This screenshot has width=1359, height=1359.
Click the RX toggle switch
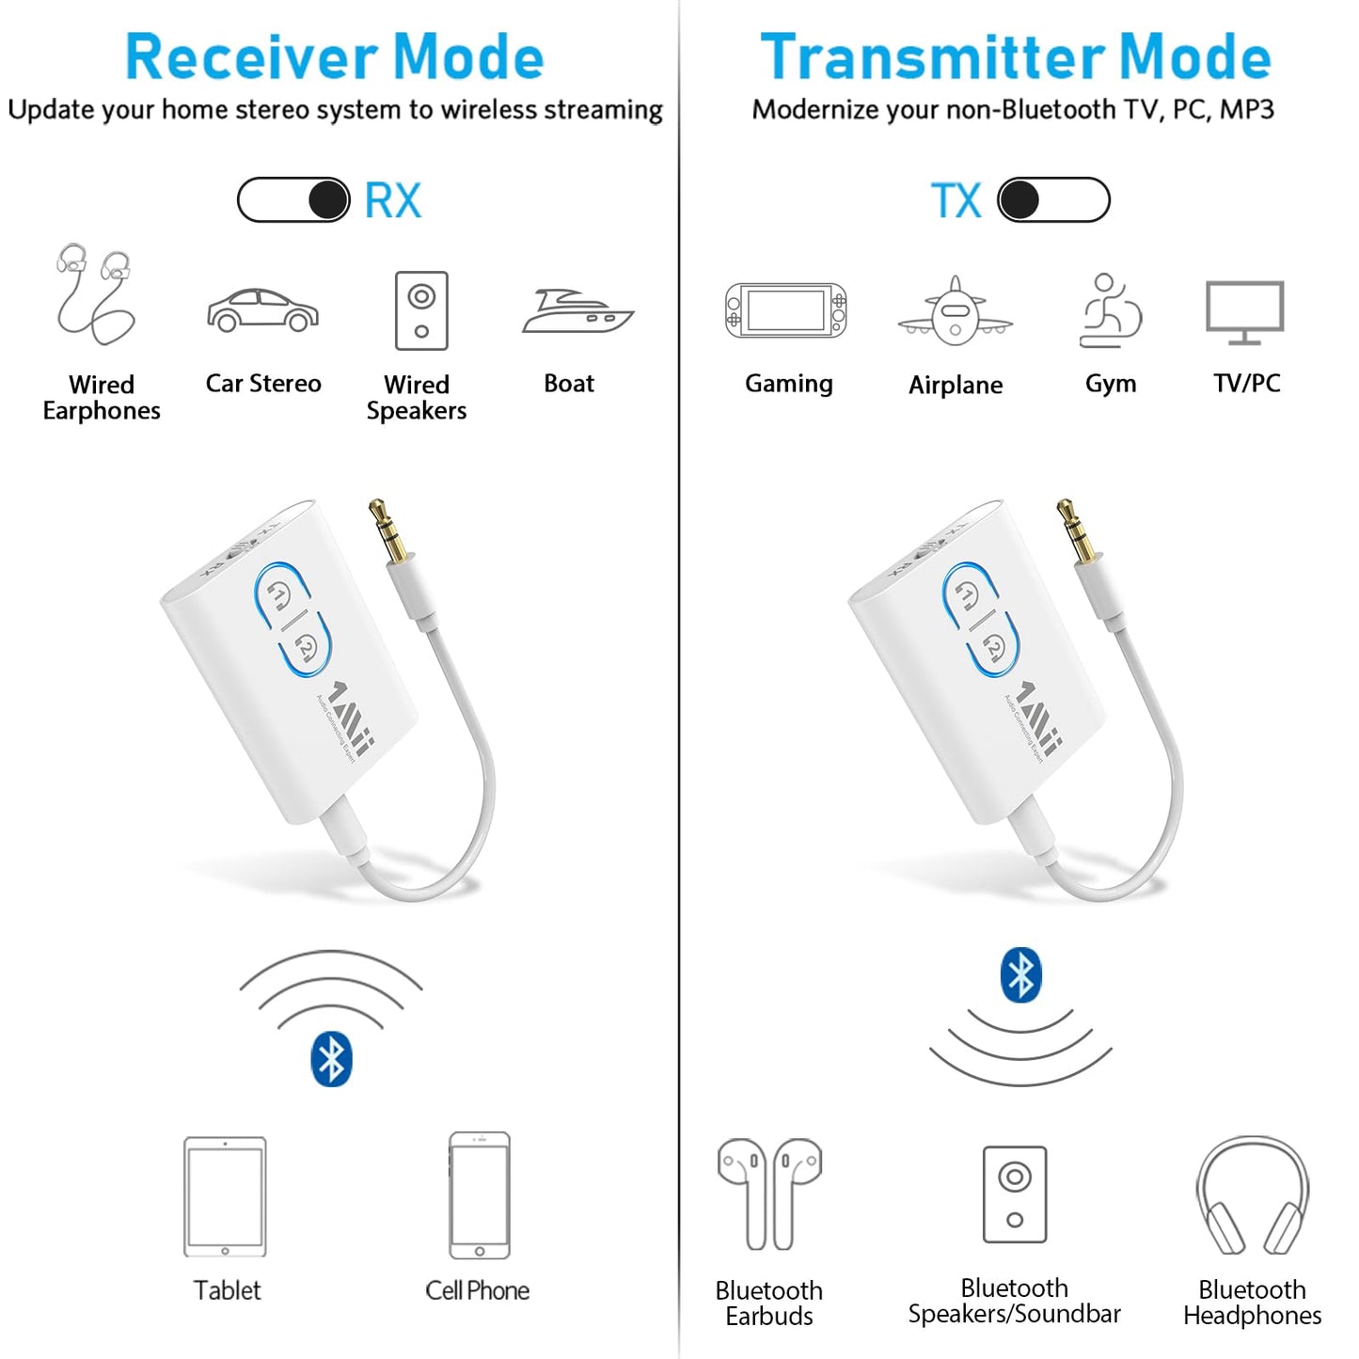[x=293, y=200]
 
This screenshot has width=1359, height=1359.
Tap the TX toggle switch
[x=1053, y=200]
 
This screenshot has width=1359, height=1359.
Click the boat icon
[x=577, y=311]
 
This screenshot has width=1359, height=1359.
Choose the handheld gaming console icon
[x=786, y=310]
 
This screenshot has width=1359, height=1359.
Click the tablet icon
[x=225, y=1196]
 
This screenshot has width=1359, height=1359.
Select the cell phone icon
[x=480, y=1195]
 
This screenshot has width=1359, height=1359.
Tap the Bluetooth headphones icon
[x=1252, y=1196]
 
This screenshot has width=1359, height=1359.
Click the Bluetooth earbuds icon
[x=769, y=1193]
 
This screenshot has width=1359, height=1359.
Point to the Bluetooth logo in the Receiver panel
[x=331, y=1059]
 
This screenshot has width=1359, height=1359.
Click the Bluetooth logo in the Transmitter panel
[x=1020, y=974]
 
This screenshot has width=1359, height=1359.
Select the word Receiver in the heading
[x=250, y=57]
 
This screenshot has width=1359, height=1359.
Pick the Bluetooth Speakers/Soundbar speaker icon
[x=1014, y=1194]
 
